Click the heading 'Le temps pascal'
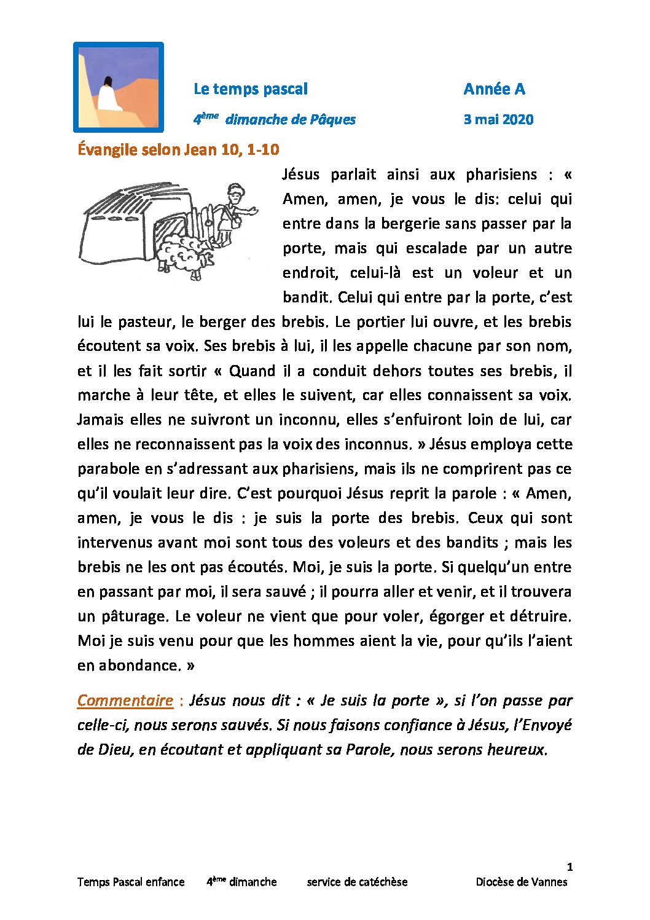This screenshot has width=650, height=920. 250,89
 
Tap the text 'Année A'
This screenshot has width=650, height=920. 494,89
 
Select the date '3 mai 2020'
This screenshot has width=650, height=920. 498,119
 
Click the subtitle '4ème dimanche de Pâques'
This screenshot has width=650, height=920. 275,119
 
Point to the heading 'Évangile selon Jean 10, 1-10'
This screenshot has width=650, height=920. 178,149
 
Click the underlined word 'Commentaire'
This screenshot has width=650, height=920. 125,701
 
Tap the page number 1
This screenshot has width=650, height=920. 570,867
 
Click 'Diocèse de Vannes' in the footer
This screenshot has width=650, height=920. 521,882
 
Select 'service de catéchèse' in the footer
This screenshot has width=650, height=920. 357,882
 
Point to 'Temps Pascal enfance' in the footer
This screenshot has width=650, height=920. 131,882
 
